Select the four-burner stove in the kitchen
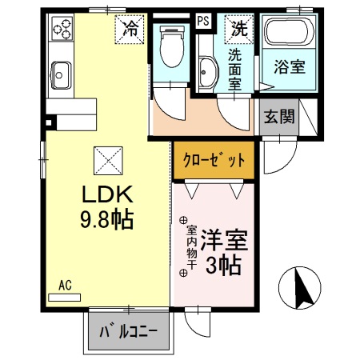pos(62,31)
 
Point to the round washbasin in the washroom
pos(206,72)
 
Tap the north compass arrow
pos(302,289)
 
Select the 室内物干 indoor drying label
pos(183,246)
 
